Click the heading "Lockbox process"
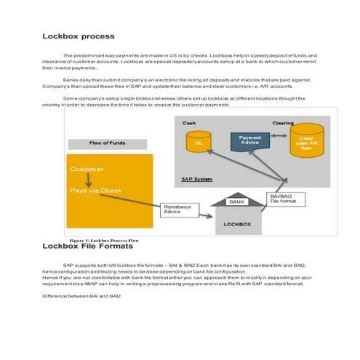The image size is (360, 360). click(x=78, y=36)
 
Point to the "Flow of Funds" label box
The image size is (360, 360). click(x=108, y=143)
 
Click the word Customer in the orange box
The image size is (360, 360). click(x=87, y=169)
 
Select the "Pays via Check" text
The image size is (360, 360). click(x=95, y=191)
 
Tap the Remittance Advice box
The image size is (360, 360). click(x=176, y=209)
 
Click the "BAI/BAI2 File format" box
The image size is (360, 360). click(x=285, y=199)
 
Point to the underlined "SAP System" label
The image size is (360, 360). click(x=196, y=179)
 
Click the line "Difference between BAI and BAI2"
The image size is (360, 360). click(x=81, y=296)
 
